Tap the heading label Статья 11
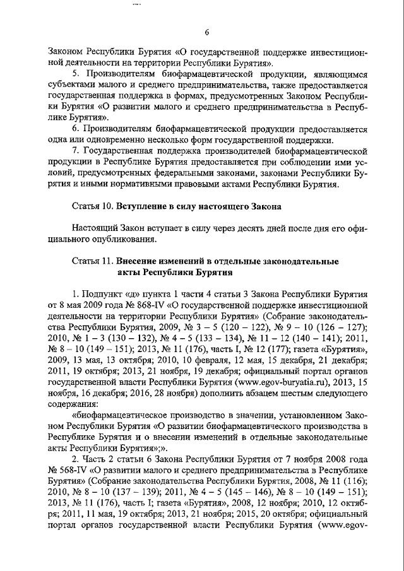click(x=92, y=261)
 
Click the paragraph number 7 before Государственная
click(x=76, y=151)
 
